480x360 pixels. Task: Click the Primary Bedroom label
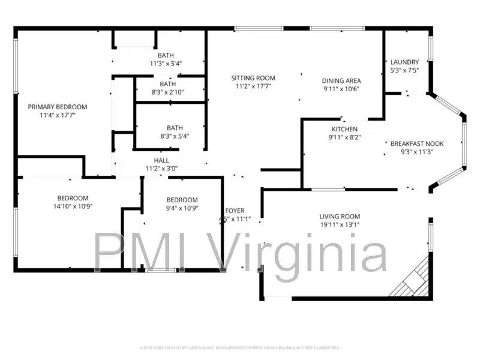(x=58, y=107)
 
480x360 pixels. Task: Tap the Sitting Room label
(x=253, y=78)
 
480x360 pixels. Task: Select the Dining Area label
(x=341, y=80)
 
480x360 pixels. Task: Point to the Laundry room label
(x=404, y=62)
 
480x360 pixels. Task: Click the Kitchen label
(x=344, y=129)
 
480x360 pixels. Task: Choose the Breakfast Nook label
(x=417, y=144)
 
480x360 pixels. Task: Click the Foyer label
(x=235, y=211)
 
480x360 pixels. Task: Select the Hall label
(x=161, y=161)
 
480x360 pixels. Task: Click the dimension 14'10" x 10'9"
(x=73, y=206)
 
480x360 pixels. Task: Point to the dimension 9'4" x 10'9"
(x=182, y=208)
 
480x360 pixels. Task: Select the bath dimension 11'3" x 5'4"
(x=166, y=63)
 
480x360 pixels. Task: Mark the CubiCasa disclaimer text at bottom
(x=239, y=347)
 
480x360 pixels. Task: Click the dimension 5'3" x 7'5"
(x=404, y=70)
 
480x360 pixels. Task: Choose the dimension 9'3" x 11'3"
(x=417, y=152)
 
